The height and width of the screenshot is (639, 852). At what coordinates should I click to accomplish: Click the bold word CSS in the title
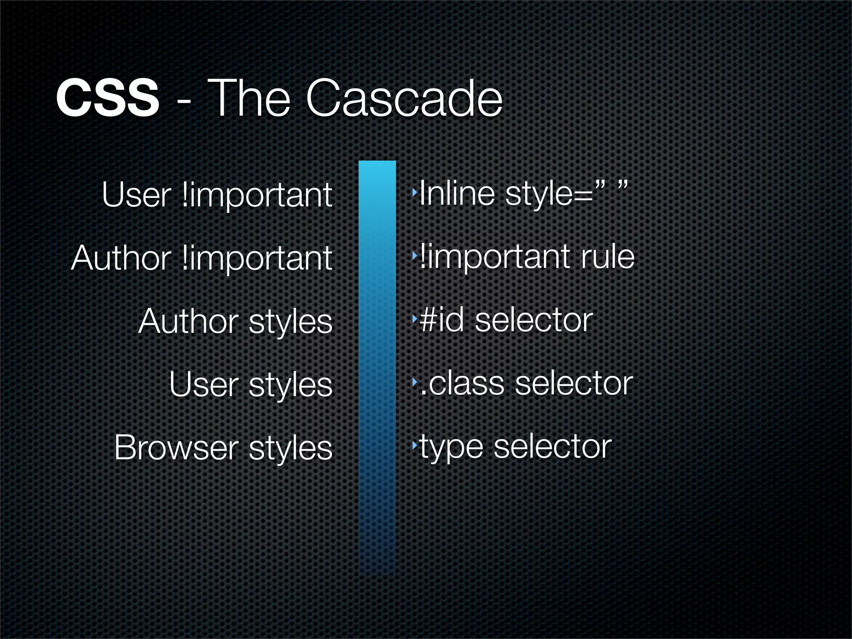point(107,99)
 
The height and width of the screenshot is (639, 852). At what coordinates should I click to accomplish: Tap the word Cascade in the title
point(404,99)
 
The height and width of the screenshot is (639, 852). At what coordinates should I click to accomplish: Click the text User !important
point(217,195)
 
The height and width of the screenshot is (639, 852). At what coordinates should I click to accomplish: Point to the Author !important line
point(202,258)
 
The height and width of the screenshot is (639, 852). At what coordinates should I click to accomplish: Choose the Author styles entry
point(235,321)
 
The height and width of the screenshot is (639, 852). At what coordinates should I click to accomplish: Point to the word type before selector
point(451,448)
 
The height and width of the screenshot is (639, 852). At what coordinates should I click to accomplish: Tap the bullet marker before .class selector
point(414,381)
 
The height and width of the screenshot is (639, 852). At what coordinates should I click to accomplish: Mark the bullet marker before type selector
point(414,445)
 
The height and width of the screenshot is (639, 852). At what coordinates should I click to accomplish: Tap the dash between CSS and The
point(183,101)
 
